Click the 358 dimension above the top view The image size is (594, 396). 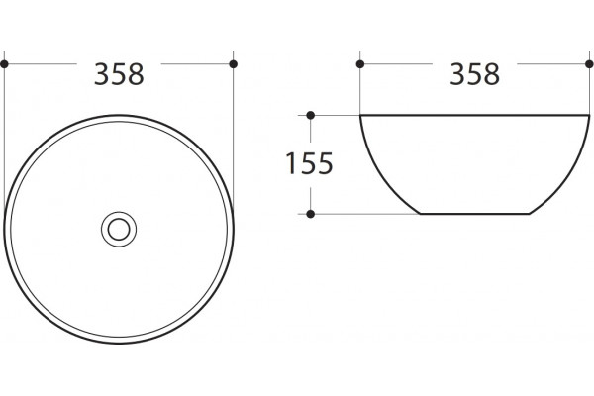click(119, 74)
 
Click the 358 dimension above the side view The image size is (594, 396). click(474, 74)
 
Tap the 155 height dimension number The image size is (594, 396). click(309, 163)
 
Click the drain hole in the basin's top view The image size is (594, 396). click(119, 230)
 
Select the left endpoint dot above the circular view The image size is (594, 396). click(5, 64)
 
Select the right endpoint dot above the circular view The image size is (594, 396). click(234, 64)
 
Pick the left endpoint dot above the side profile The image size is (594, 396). click(360, 64)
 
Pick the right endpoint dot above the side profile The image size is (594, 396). click(589, 64)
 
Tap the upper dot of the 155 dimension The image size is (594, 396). click(311, 115)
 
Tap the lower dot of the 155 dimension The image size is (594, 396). click(311, 214)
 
